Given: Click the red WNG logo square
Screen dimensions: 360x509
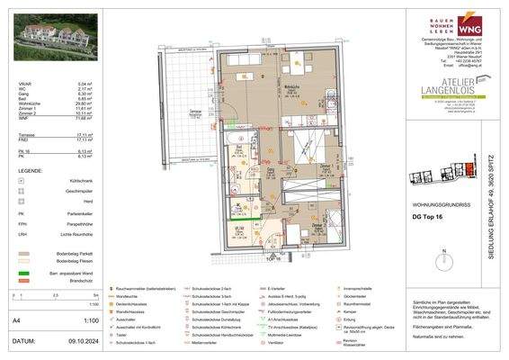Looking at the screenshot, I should coord(468,24).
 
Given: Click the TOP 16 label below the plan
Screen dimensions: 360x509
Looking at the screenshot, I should coord(273,259).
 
